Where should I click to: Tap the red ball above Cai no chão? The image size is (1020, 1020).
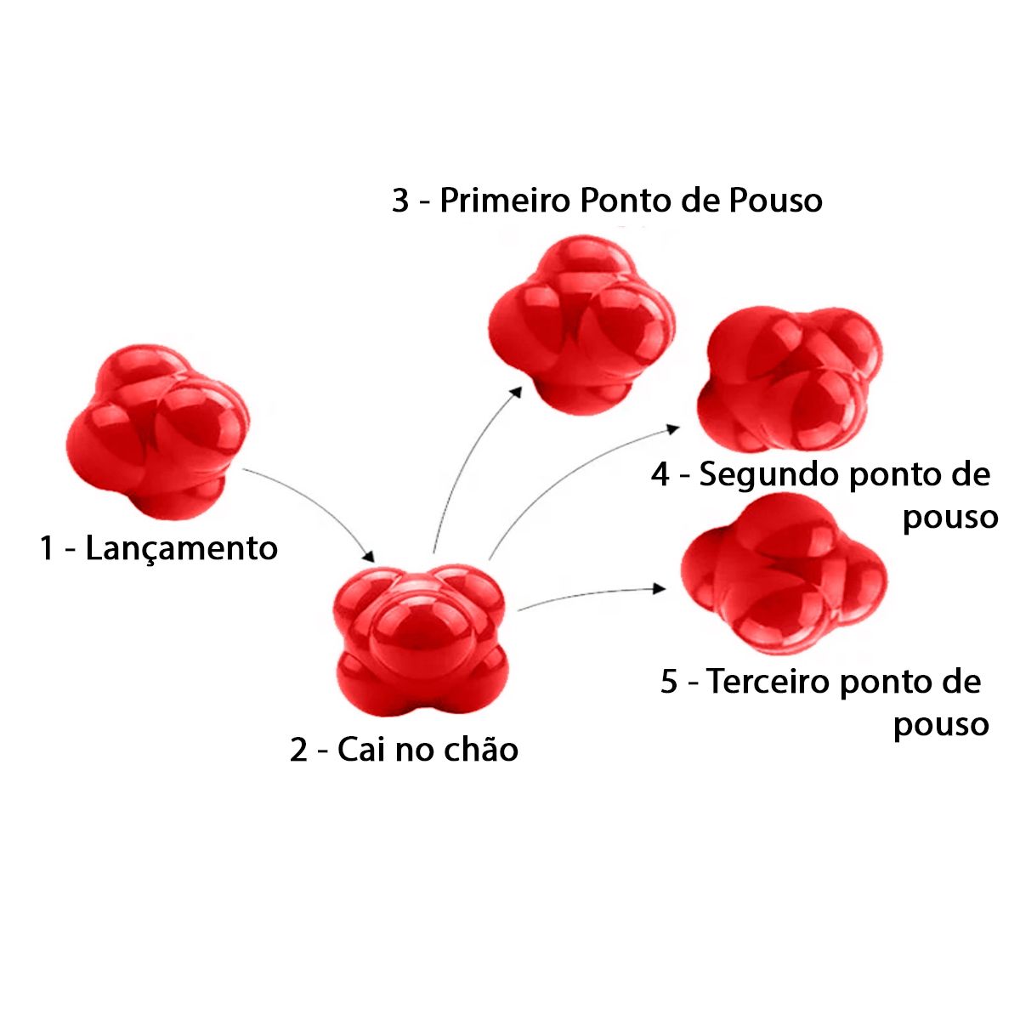click(x=420, y=637)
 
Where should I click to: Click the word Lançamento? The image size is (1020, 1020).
click(x=182, y=548)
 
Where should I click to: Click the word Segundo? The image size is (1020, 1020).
click(x=769, y=474)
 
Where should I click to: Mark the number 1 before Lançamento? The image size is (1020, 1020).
click(x=48, y=548)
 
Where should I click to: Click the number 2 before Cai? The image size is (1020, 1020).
click(x=298, y=751)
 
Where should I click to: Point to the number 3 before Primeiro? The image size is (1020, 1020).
click(x=400, y=201)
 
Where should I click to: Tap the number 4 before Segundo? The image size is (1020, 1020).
click(x=660, y=475)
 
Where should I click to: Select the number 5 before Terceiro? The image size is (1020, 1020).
click(x=669, y=682)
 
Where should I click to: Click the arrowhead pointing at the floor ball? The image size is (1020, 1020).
click(x=369, y=557)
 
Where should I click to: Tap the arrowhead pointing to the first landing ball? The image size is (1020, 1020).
click(x=515, y=389)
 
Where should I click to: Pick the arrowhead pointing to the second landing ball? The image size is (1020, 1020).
click(x=672, y=428)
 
